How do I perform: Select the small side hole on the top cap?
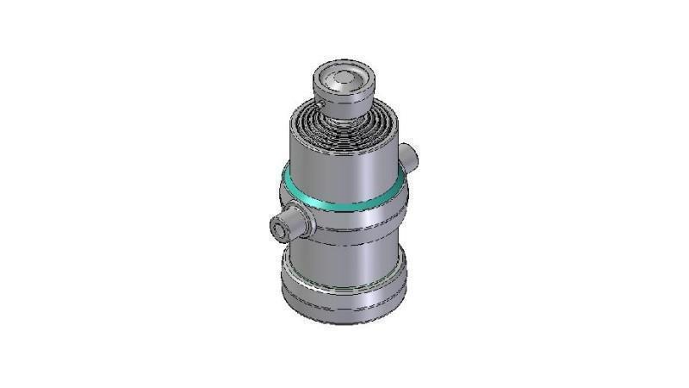click(x=320, y=104)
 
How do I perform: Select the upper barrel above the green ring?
click(x=344, y=168)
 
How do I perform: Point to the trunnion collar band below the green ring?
click(x=353, y=220)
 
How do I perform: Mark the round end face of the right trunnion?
click(x=414, y=155)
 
